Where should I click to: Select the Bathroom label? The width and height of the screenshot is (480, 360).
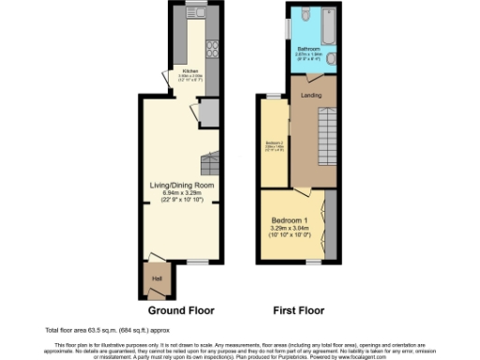coord(309,48)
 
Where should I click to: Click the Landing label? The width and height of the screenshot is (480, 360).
coord(311,96)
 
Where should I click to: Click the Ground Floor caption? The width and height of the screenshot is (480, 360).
coord(181,309)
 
